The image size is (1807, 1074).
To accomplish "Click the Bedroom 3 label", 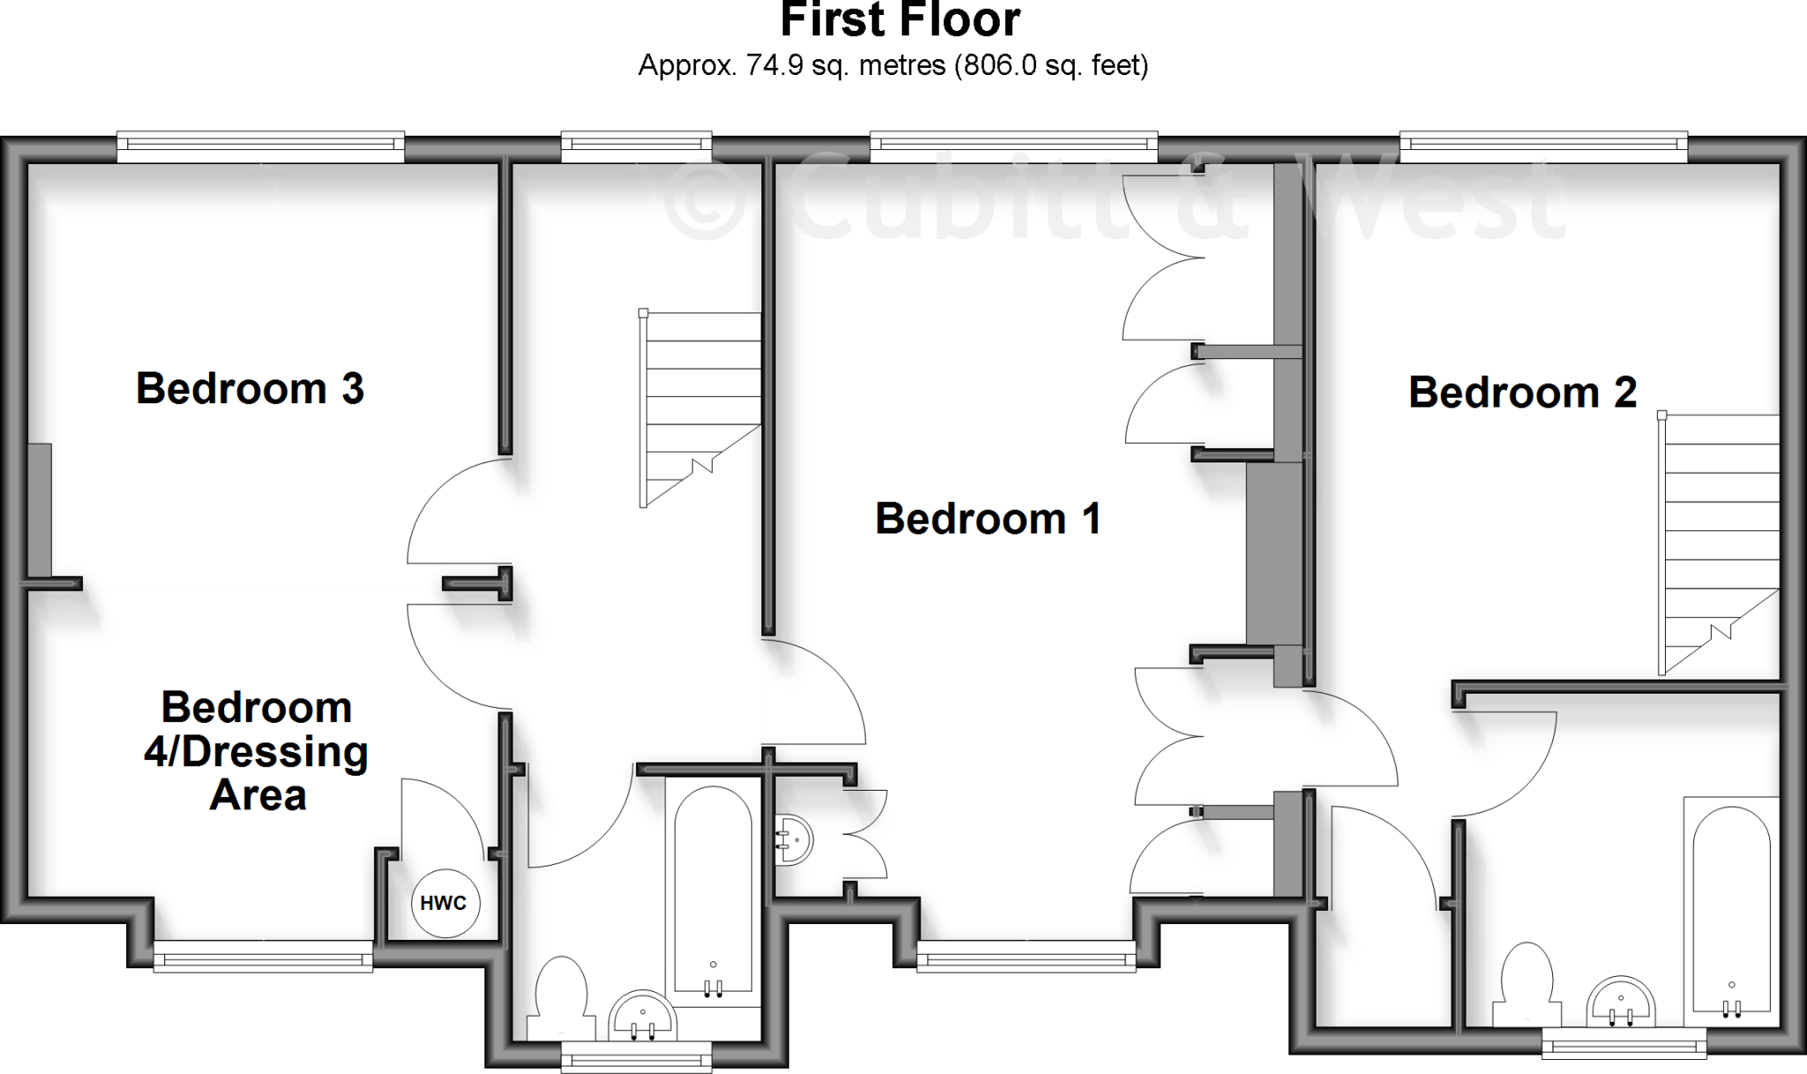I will point(250,389).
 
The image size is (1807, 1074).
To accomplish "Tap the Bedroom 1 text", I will point(988,519).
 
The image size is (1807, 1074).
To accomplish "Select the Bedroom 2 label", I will point(1522,393).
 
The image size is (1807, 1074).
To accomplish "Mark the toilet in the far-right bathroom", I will point(1526,983).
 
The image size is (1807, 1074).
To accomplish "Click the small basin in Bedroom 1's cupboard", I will point(794,839).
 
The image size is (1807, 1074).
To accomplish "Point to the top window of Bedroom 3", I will point(260,146).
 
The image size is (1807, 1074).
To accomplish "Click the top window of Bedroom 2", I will point(1543,146).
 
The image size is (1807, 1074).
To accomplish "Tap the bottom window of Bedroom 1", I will point(1026,957).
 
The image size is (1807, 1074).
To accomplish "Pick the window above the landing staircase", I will point(636,146).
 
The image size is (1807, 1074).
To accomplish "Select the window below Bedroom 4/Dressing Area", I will point(263,956).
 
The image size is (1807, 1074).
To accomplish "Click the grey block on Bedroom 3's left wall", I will point(40,511).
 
